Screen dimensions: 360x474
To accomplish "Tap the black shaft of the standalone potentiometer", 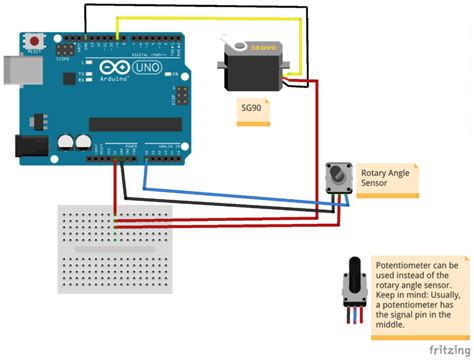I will [352, 273].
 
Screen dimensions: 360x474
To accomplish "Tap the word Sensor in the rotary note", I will [374, 184].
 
